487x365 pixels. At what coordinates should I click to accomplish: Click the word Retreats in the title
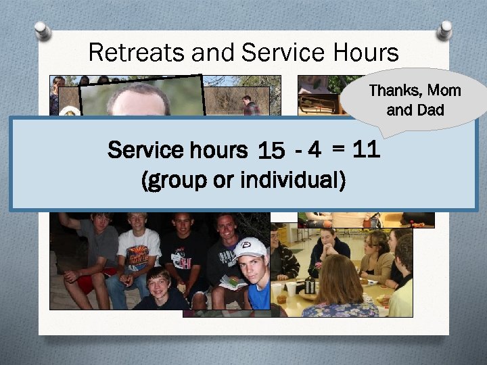pos(129,52)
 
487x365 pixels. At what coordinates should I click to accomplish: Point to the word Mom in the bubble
pos(443,91)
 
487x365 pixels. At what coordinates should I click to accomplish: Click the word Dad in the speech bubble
pos(430,109)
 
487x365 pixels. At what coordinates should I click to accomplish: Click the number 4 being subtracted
pos(313,150)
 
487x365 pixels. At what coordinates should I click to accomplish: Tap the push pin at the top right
pos(444,29)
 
